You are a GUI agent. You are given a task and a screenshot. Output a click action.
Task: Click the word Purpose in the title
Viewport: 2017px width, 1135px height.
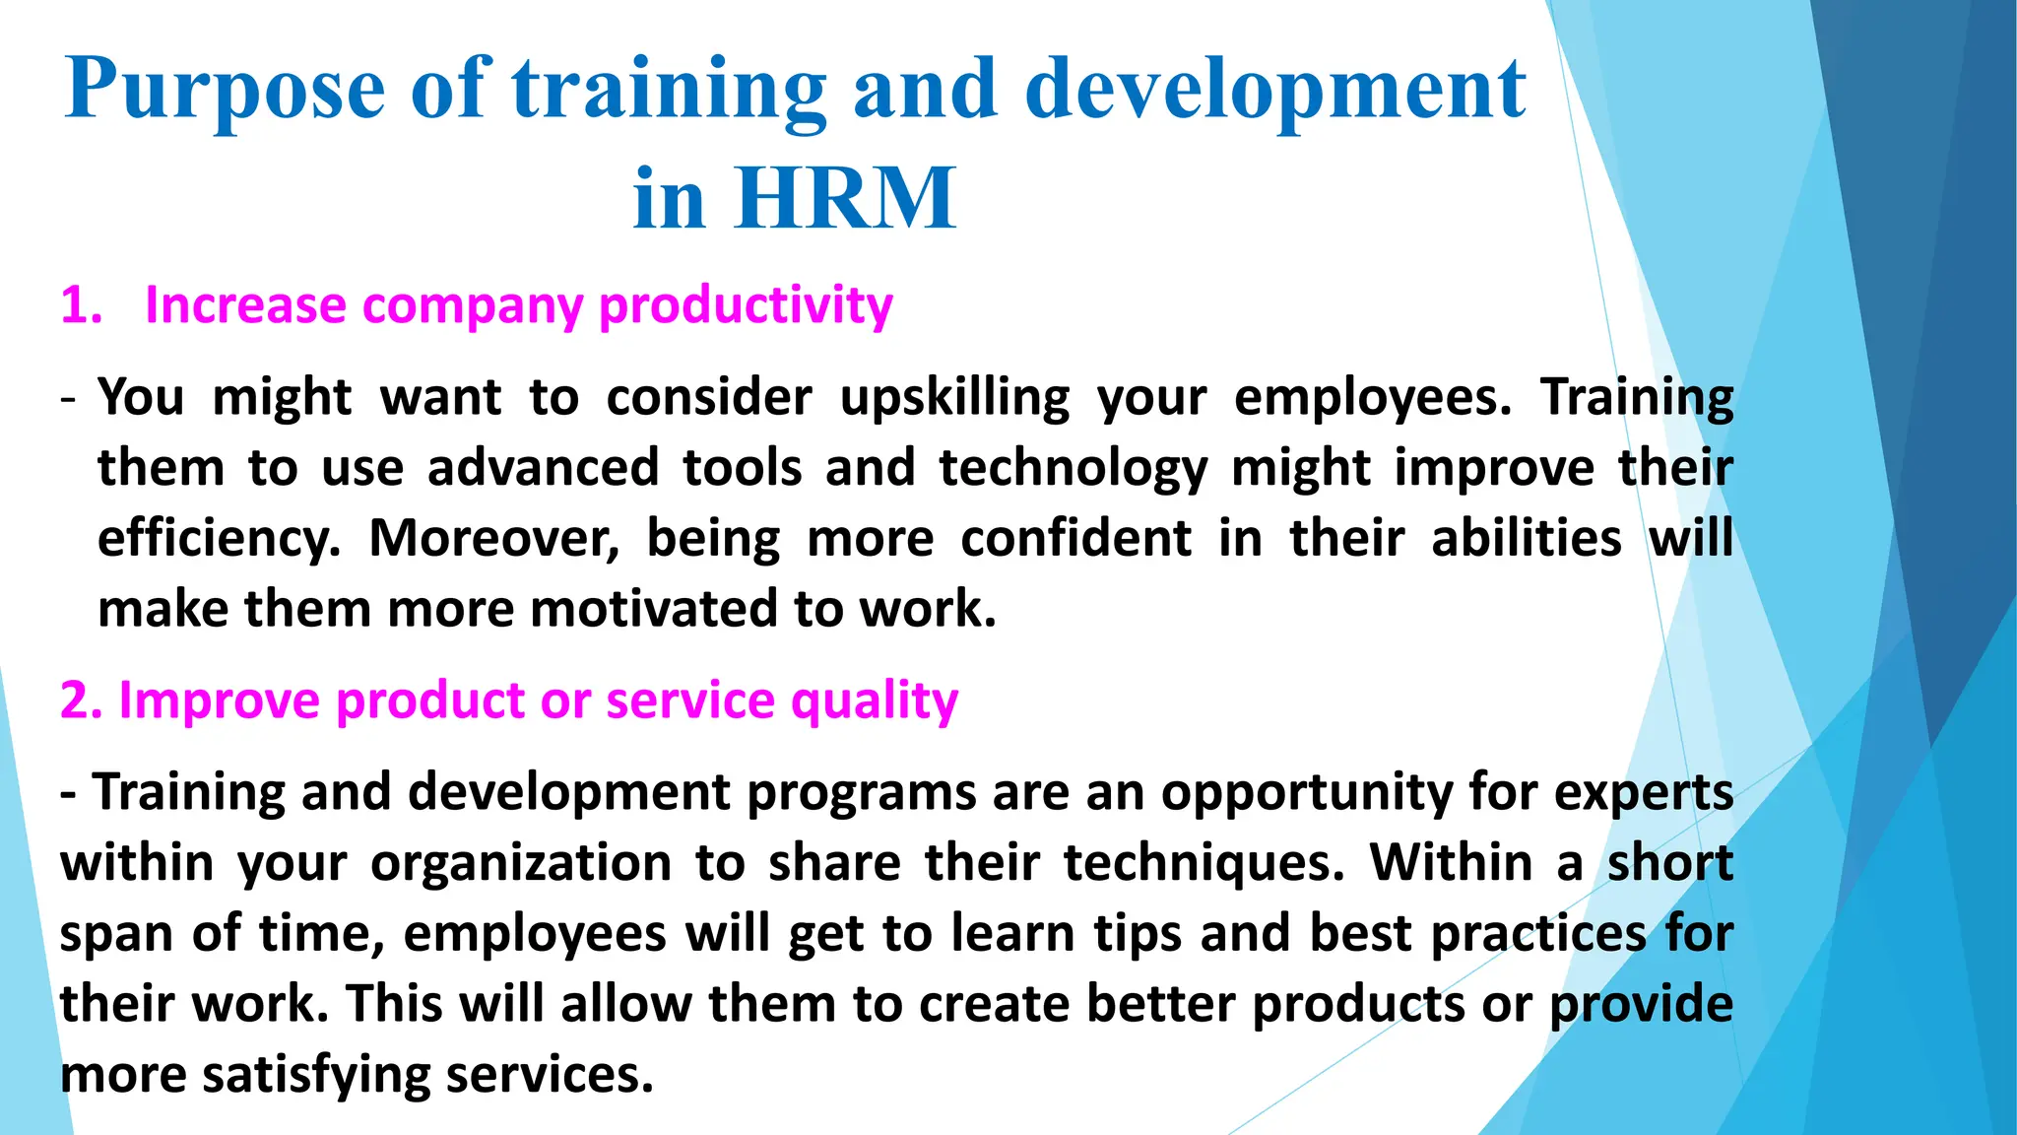pos(225,91)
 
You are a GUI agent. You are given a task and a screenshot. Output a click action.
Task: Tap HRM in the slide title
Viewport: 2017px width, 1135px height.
pos(845,199)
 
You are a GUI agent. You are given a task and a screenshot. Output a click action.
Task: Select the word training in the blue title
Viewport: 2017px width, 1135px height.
pos(669,91)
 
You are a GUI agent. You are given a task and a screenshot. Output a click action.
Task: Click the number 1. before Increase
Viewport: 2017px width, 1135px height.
pos(81,305)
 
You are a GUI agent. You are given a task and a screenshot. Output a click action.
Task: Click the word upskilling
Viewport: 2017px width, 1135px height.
pos(954,399)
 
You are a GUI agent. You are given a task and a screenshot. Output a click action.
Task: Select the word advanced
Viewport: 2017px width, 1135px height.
pos(543,467)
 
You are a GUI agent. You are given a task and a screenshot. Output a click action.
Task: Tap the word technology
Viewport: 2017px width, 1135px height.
pos(1073,469)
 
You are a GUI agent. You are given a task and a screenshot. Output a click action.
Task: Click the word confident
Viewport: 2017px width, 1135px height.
pos(1075,539)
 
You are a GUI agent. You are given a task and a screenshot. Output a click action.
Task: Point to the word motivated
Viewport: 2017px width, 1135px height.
pos(656,609)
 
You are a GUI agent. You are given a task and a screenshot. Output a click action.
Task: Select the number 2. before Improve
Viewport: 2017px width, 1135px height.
pos(81,701)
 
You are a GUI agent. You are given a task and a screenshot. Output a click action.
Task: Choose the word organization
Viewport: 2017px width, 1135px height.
pos(521,864)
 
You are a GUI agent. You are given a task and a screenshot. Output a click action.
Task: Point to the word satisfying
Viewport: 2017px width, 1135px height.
pos(316,1075)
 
